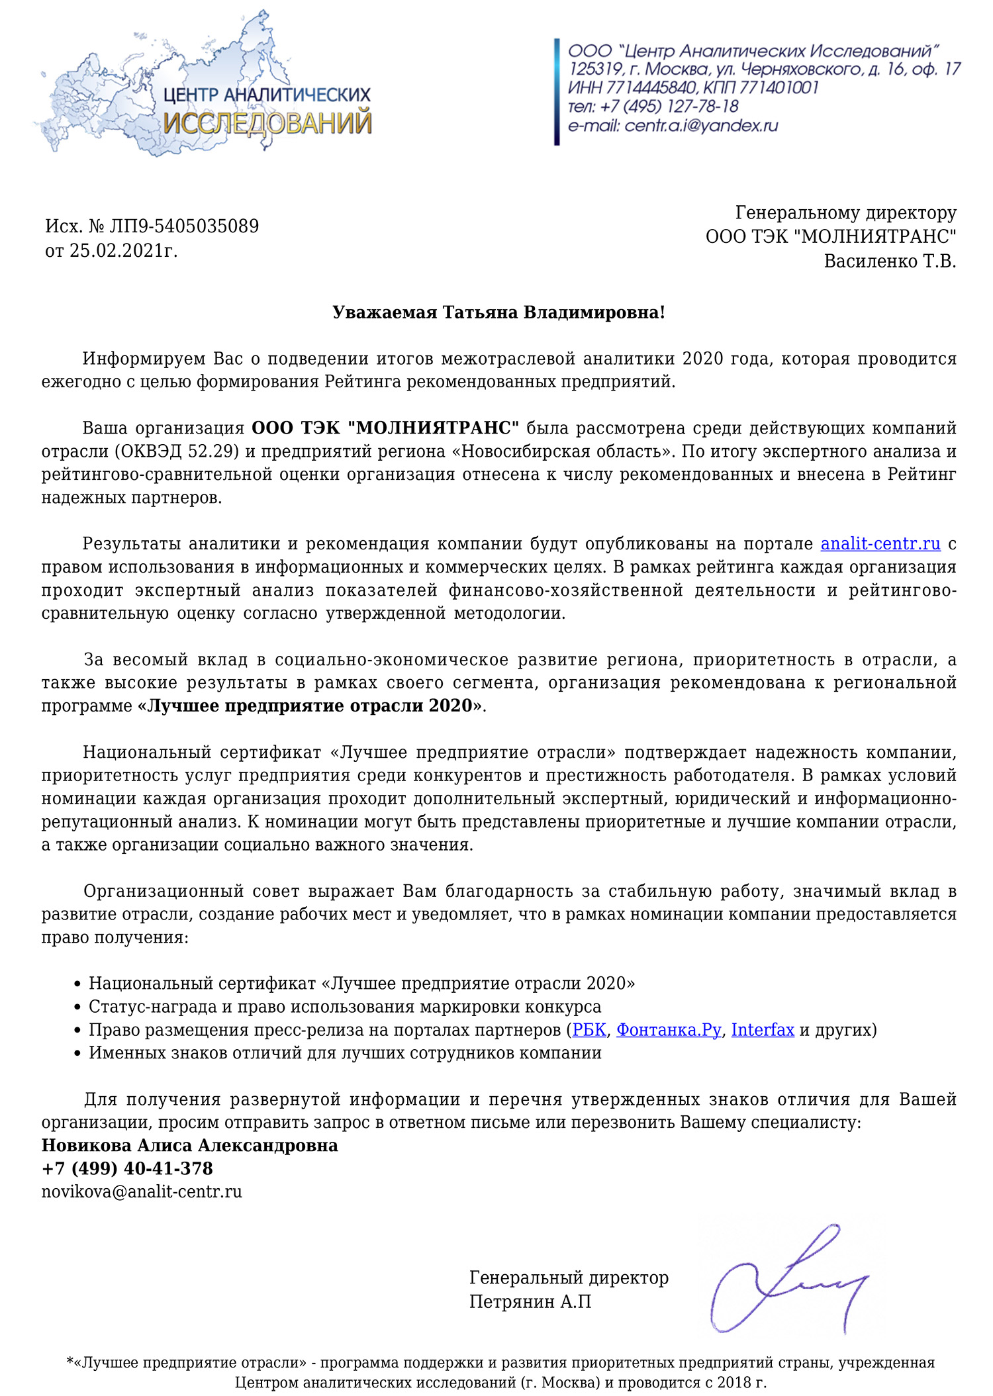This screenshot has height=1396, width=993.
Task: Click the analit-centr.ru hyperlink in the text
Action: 880,544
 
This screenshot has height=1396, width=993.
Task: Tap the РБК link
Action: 589,1030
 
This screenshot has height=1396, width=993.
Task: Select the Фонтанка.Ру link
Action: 668,1030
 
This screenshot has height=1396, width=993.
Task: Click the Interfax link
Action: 762,1030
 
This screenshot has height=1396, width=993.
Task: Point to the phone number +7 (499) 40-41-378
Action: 127,1168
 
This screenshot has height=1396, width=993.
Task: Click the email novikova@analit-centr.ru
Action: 142,1191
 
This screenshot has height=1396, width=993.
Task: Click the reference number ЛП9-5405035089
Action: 184,226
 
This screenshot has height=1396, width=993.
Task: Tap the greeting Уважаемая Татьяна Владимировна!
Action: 498,312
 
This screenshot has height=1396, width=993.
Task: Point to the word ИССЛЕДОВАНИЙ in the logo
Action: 267,124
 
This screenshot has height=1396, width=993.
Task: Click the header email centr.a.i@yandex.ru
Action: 700,126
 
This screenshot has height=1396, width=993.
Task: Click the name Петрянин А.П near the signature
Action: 530,1301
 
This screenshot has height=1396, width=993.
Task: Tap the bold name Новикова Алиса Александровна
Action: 189,1145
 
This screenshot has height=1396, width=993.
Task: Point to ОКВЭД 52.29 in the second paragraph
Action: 178,451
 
